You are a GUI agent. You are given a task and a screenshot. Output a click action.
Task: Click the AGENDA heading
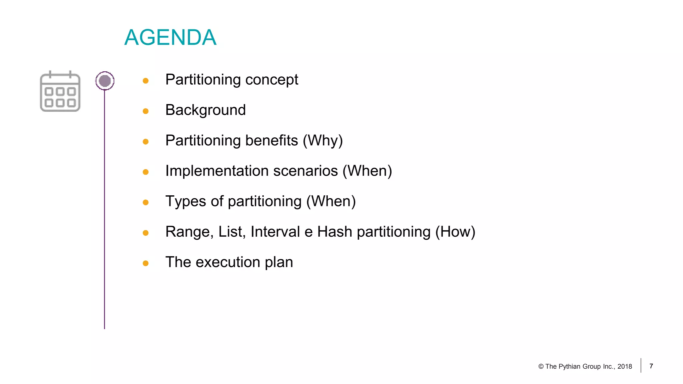[x=170, y=37]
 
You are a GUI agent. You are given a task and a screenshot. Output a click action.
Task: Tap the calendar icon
[x=60, y=91]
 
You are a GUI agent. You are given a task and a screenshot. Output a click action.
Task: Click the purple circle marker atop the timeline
[x=105, y=81]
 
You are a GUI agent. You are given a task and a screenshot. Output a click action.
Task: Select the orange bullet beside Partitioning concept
[x=145, y=81]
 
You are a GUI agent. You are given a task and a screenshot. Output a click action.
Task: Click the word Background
[x=205, y=110]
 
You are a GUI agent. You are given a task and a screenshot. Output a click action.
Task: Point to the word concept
[x=271, y=80]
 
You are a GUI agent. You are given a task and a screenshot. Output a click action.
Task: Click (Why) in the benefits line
[x=322, y=141]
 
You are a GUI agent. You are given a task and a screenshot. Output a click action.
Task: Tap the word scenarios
[x=305, y=171]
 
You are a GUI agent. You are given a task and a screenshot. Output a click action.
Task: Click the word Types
[x=186, y=202]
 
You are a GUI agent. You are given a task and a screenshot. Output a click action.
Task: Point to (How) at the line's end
[x=455, y=232]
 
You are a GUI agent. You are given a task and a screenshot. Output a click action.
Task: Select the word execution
[x=228, y=262]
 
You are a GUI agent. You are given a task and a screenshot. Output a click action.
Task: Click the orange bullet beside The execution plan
[x=145, y=263]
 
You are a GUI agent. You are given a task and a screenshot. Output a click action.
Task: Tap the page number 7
[x=651, y=366]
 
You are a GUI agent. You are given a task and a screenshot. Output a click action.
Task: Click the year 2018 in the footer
[x=625, y=367]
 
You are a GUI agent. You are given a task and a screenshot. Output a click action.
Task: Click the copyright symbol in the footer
[x=541, y=367]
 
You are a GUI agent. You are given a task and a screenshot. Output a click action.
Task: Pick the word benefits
[x=271, y=141]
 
